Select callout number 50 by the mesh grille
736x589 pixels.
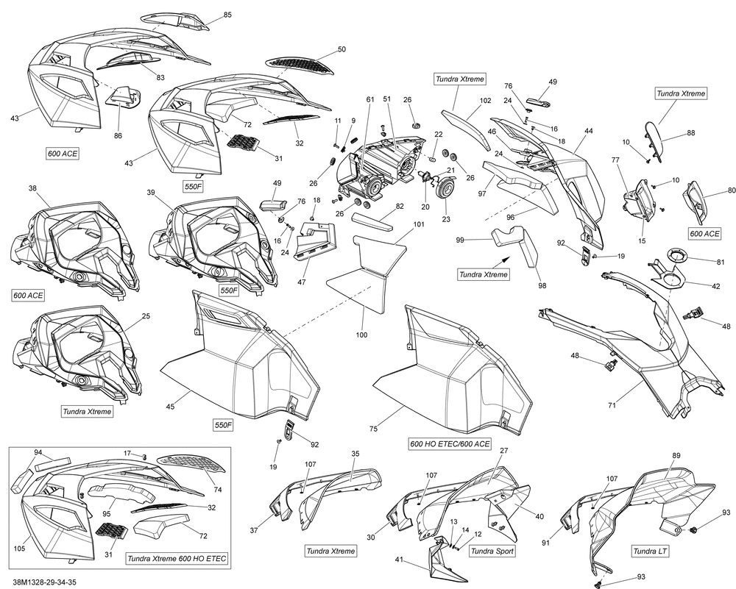point(341,49)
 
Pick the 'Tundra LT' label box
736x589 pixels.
point(651,551)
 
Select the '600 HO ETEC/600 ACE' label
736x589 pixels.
point(449,444)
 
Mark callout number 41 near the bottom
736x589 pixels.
point(400,560)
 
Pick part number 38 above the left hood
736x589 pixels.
point(32,188)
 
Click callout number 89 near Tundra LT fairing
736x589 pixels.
point(676,455)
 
